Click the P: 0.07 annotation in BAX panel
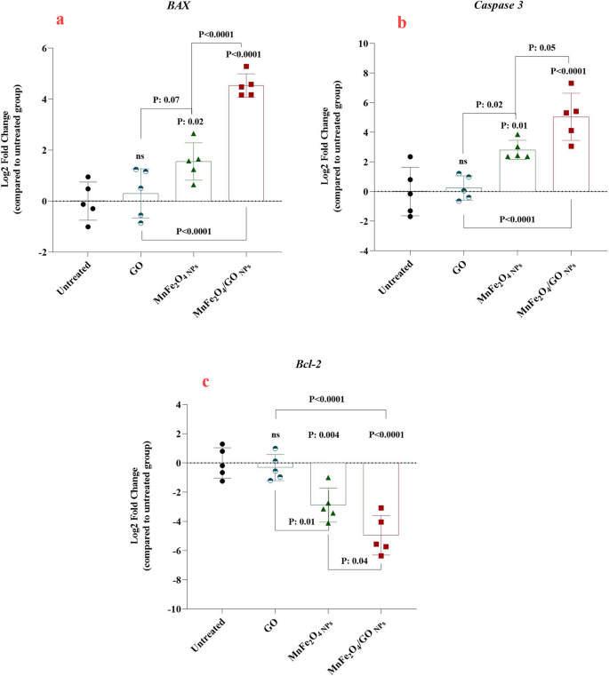(x=169, y=99)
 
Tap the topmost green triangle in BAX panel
(x=193, y=134)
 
